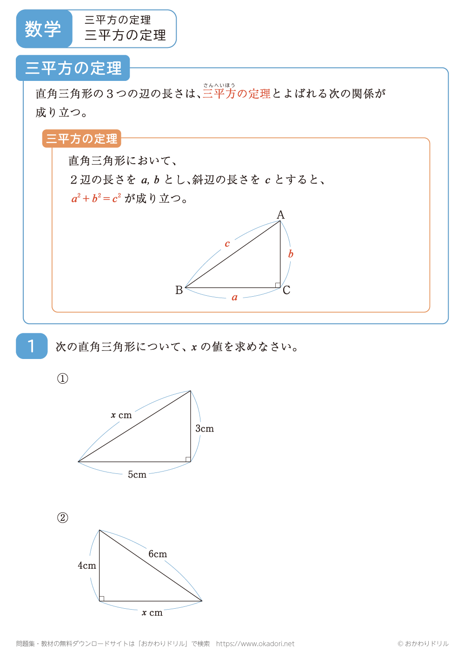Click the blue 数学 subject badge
[x=43, y=29]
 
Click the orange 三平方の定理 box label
[x=82, y=139]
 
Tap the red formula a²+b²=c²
[x=96, y=199]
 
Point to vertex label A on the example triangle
[x=280, y=215]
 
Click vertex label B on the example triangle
[x=179, y=290]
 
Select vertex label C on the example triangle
[x=286, y=290]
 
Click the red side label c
[x=227, y=244]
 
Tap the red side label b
[x=291, y=254]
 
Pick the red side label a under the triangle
[x=234, y=298]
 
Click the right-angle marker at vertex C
[x=278, y=285]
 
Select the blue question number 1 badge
[x=32, y=346]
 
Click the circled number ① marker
[x=62, y=379]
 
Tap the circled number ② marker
[x=62, y=518]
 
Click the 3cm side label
[x=205, y=429]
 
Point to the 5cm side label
[x=137, y=475]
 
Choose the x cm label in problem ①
[x=121, y=415]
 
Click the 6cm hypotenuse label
[x=158, y=554]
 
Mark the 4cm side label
[x=87, y=566]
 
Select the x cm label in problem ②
[x=152, y=613]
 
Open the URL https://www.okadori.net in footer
[x=255, y=644]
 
